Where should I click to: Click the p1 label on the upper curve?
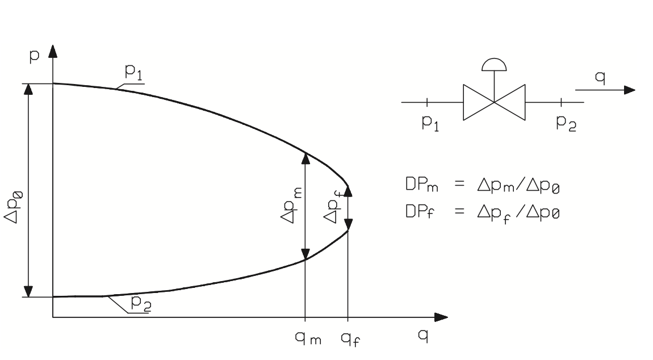pos(133,72)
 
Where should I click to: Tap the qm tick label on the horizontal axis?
pos(308,338)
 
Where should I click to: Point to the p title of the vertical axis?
pos(34,56)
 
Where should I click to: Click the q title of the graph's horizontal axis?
pos(423,336)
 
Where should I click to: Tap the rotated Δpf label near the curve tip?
pos(333,206)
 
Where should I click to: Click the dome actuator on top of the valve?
pos(495,65)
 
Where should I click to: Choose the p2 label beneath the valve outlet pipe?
pos(566,123)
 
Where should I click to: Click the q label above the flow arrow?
pos(600,77)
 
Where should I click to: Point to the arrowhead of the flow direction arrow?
pos(629,90)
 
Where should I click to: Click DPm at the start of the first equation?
pos(421,184)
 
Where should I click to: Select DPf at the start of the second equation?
pos(420,211)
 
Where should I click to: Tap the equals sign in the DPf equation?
pos(459,211)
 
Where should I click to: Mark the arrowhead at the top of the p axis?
pos(53,51)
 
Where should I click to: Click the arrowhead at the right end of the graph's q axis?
pos(441,317)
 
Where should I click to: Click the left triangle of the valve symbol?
pos(479,103)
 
